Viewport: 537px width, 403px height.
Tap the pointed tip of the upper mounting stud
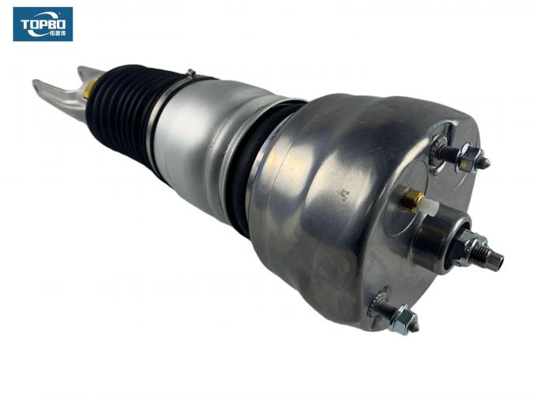click(x=486, y=164)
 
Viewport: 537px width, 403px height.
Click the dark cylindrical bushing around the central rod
click(x=439, y=237)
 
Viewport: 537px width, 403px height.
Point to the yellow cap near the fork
click(x=89, y=89)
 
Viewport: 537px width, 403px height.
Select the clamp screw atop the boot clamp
click(x=190, y=74)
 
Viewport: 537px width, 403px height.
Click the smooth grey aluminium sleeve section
click(x=205, y=134)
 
